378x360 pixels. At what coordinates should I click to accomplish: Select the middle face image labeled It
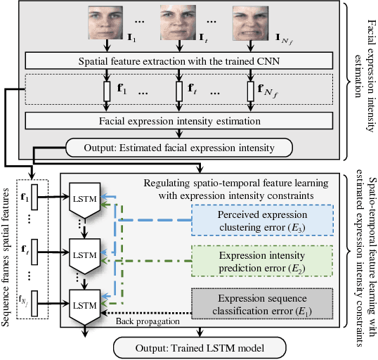[x=176, y=22]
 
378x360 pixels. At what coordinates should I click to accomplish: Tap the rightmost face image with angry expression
[x=249, y=22]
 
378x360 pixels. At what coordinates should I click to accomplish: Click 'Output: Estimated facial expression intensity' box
[x=179, y=148]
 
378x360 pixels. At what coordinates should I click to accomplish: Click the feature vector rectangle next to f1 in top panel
[x=107, y=91]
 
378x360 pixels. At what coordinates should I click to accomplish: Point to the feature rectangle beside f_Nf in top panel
[x=249, y=91]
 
